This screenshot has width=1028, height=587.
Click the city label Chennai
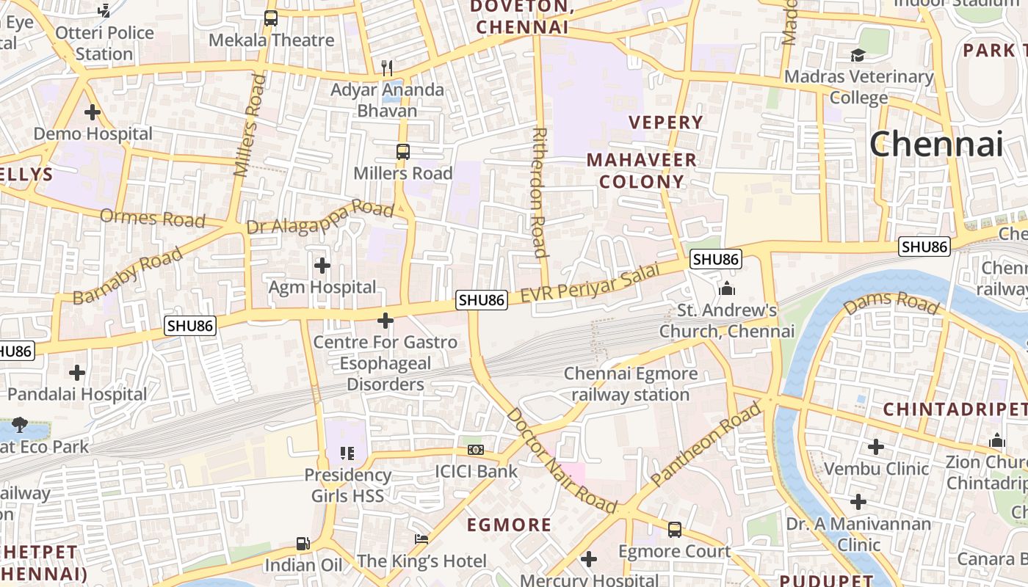936,144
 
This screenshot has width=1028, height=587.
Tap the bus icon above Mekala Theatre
271,18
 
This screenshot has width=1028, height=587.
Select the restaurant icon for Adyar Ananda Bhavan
387,68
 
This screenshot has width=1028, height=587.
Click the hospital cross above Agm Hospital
322,265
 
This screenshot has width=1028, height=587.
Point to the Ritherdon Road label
540,193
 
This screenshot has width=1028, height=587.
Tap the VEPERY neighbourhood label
666,123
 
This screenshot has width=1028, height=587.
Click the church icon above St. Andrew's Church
727,288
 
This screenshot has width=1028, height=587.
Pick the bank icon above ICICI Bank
476,449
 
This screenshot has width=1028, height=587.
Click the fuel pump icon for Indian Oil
303,544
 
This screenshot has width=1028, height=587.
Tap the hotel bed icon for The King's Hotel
421,539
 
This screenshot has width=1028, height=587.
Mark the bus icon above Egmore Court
674,529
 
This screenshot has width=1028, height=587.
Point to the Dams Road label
891,302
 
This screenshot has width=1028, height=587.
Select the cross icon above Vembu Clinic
875,446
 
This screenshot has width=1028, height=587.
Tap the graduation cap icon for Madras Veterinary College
858,55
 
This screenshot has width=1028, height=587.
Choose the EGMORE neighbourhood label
510,525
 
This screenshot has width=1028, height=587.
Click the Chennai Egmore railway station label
630,384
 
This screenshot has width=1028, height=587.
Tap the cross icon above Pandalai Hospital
77,373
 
